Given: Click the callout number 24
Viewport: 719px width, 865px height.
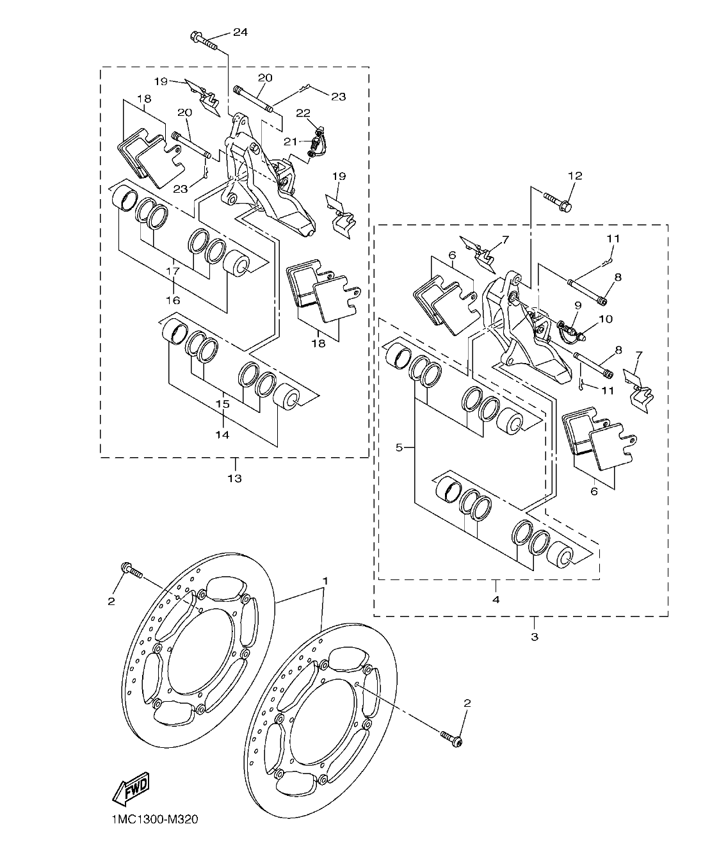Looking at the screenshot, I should (x=239, y=33).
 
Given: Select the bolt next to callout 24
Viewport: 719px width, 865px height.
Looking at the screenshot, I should (x=203, y=42).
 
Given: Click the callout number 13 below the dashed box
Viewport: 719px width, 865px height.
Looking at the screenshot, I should (x=234, y=478).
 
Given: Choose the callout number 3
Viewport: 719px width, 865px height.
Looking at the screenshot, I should (x=535, y=636).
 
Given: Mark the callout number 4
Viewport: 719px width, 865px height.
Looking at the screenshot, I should (x=496, y=599).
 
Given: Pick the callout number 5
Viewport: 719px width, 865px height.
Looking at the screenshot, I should (x=399, y=448).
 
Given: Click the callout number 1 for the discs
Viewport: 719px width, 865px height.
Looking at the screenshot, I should (x=325, y=580).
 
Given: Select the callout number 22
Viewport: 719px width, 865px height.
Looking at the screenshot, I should (x=303, y=113).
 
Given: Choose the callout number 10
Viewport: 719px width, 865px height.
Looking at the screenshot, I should (x=605, y=318).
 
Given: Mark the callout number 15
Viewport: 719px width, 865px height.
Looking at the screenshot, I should (x=222, y=404).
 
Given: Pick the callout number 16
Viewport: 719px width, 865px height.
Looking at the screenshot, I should (x=173, y=300).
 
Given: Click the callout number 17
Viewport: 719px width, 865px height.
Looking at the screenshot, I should (x=173, y=271).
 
